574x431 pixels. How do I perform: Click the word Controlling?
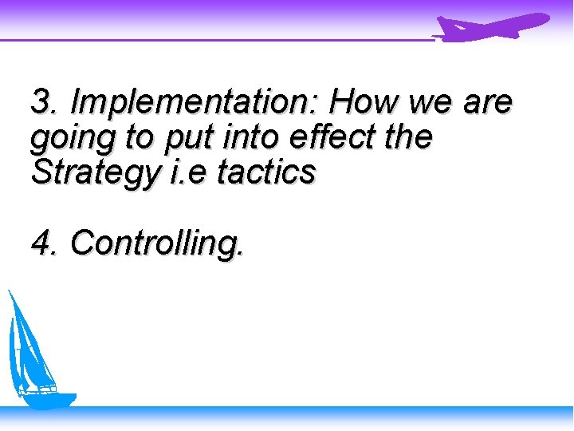point(156,243)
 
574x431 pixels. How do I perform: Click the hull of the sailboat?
point(48,398)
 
